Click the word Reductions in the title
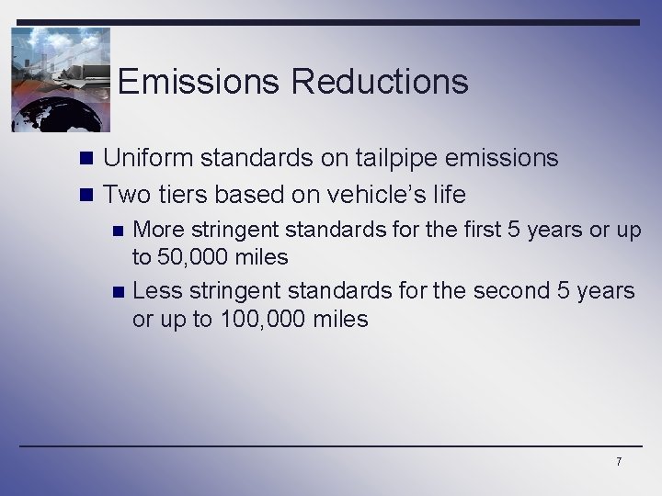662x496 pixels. tap(380, 82)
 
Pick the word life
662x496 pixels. tap(448, 195)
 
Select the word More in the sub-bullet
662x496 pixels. tap(158, 230)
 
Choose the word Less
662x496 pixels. tap(157, 291)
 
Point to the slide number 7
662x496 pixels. tap(619, 461)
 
